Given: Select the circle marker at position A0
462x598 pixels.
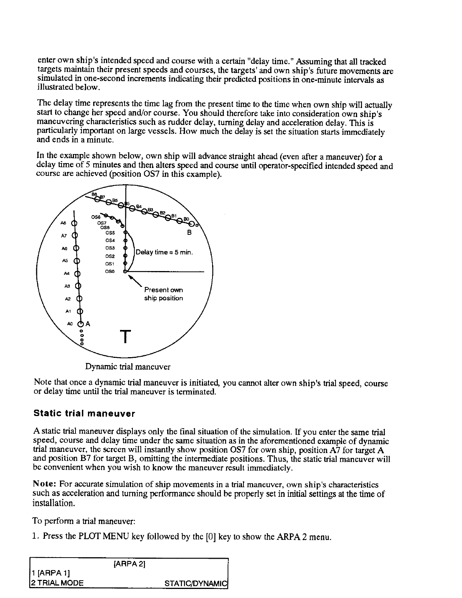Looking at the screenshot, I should coord(80,324).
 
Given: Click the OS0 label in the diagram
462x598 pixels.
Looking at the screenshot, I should coord(109,271).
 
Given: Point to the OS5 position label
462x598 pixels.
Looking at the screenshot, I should coord(110,233).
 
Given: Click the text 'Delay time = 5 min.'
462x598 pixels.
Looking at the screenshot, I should coord(164,252).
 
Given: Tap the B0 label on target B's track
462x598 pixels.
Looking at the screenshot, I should coord(186,219).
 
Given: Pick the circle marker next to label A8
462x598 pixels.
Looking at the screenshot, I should coord(74,223).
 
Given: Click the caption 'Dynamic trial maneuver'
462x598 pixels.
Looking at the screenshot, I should coord(128,367).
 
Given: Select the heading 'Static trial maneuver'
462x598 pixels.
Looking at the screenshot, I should coord(84,413).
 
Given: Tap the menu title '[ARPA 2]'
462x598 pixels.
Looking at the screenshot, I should coord(129,564).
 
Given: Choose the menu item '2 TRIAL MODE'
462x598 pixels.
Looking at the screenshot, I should coord(57,583).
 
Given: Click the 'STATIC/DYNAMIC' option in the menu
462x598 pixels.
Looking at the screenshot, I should coord(196,583).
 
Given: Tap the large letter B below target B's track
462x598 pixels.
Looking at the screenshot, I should coord(189,233).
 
